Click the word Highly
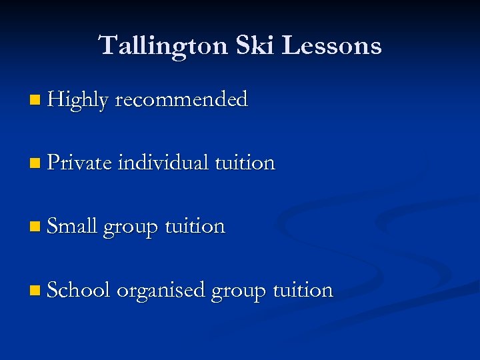[77, 101]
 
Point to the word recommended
[181, 100]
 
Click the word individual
[163, 163]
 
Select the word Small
[73, 226]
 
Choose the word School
[78, 290]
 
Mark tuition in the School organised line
[303, 290]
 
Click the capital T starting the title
[107, 45]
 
